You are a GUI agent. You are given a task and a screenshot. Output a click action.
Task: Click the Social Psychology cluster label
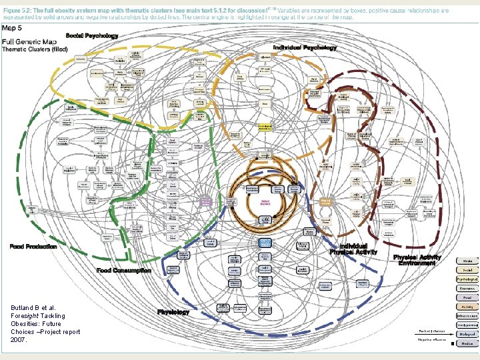tap(91, 35)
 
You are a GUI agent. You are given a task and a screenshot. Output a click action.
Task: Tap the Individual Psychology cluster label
tap(305, 48)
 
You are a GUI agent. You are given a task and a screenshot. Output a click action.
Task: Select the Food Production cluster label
tap(33, 247)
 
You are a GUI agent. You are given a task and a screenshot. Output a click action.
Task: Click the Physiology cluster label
tap(173, 311)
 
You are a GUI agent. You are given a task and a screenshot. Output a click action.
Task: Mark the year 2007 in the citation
tap(19, 340)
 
